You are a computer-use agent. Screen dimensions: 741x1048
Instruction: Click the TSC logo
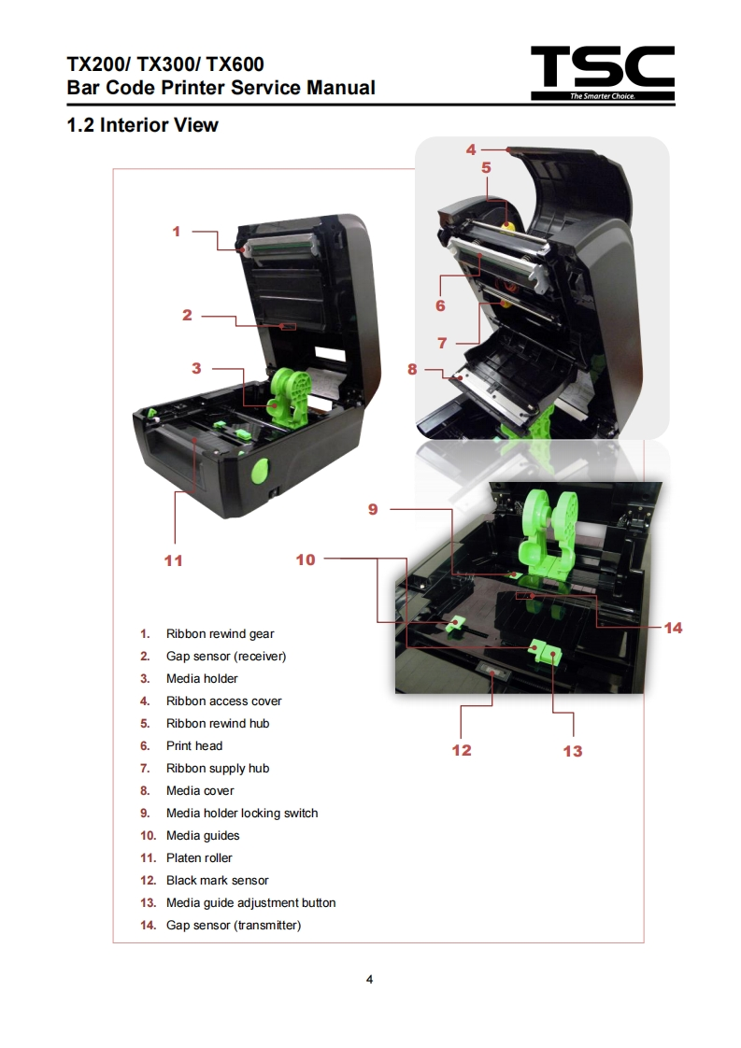point(602,72)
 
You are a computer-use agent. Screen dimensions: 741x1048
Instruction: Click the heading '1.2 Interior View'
point(142,125)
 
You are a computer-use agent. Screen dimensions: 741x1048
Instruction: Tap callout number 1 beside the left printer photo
point(176,231)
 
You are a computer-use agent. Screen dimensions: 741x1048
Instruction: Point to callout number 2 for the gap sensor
point(187,316)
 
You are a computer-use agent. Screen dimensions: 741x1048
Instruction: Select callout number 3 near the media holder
point(196,368)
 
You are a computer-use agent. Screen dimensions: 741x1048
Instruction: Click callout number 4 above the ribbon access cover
point(471,149)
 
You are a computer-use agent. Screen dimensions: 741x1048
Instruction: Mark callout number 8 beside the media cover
point(412,369)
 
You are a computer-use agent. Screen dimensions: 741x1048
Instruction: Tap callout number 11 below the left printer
point(173,560)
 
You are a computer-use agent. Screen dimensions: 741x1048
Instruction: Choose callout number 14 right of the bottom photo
point(673,628)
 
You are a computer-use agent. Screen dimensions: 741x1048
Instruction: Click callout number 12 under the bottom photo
point(462,750)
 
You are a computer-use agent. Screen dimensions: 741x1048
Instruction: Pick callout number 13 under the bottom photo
point(572,751)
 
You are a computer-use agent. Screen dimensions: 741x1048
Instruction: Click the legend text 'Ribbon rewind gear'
point(220,634)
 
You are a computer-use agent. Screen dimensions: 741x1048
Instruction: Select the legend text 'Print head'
point(194,746)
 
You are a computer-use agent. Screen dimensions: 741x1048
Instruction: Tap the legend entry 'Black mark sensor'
point(217,881)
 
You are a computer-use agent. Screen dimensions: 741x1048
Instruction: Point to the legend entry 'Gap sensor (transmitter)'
point(234,926)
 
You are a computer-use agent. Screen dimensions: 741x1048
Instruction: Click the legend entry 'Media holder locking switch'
point(242,814)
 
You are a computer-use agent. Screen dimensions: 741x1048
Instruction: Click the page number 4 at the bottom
point(370,980)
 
